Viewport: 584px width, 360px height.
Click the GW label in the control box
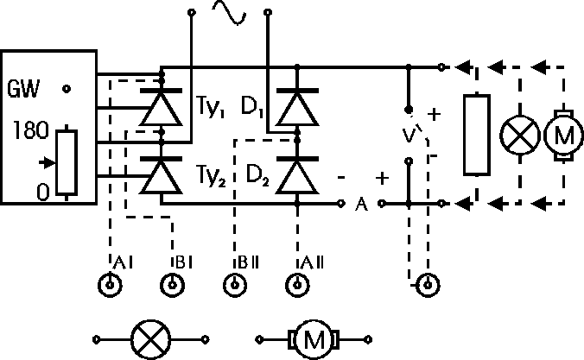click(23, 89)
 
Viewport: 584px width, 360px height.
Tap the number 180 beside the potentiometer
click(29, 132)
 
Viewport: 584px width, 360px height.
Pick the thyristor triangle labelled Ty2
click(163, 178)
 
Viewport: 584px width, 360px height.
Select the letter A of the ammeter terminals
click(362, 205)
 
